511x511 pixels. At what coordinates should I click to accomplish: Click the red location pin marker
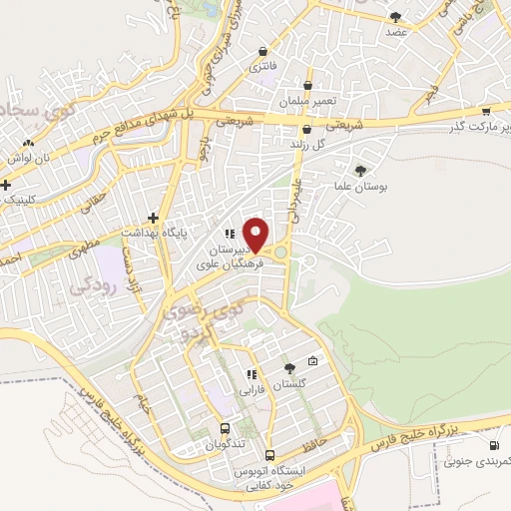pyautogui.click(x=256, y=234)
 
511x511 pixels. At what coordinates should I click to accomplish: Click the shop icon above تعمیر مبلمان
pyautogui.click(x=307, y=85)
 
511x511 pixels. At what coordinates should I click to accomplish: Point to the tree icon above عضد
pyautogui.click(x=396, y=16)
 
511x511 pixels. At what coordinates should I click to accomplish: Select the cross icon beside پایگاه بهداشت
pyautogui.click(x=153, y=217)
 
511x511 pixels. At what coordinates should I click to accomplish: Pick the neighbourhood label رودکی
pyautogui.click(x=95, y=285)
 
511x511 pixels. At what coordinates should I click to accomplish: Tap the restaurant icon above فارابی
pyautogui.click(x=252, y=374)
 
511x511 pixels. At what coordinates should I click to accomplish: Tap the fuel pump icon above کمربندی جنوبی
pyautogui.click(x=493, y=445)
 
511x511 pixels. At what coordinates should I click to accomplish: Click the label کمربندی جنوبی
pyautogui.click(x=477, y=461)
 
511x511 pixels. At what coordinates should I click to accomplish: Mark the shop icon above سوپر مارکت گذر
pyautogui.click(x=485, y=111)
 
